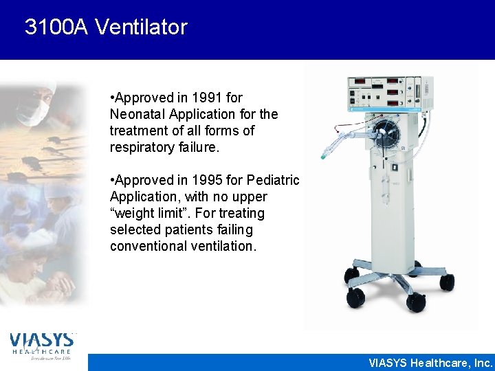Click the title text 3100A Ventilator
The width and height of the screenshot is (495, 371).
(x=106, y=27)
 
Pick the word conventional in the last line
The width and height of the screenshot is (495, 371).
(x=148, y=246)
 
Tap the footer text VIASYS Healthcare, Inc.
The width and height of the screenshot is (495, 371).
(x=431, y=363)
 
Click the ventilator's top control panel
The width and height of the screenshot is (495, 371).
(x=389, y=93)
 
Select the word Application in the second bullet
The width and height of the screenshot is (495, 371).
(x=141, y=196)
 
